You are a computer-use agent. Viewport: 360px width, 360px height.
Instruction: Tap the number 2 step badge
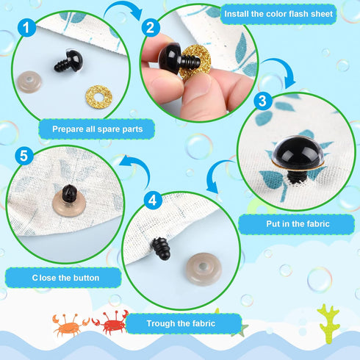pyautogui.click(x=151, y=29)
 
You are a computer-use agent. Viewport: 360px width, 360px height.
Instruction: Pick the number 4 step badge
pyautogui.click(x=152, y=198)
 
